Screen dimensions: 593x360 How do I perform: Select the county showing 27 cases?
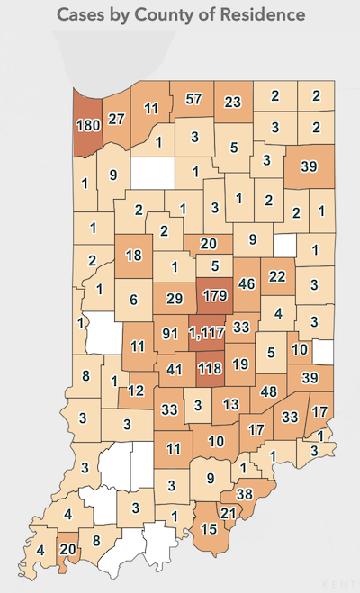116,118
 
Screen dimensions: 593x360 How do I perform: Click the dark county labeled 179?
213,294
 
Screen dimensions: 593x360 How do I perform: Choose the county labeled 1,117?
208,332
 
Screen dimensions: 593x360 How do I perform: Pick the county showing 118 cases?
212,368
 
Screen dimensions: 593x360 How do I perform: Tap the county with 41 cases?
175,368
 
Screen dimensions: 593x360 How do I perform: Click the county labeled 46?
246,284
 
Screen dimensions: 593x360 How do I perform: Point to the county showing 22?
277,275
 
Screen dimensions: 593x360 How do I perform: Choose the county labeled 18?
134,256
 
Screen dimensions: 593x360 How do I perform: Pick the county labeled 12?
136,391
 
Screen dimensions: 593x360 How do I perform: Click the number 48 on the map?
268,391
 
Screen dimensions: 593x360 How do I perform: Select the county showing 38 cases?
244,494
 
